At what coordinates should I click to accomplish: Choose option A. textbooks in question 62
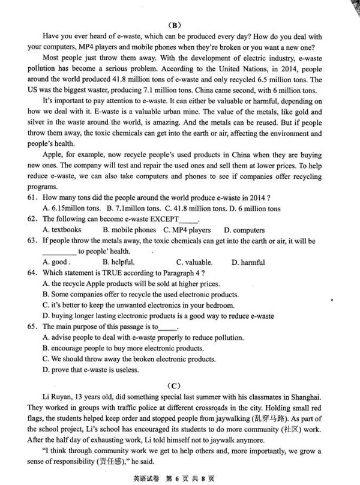[x=62, y=230]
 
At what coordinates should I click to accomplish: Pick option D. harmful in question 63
[x=248, y=262]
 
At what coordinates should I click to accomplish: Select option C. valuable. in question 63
[x=194, y=262]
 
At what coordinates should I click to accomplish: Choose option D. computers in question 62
[x=244, y=230]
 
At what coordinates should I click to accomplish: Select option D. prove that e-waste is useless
[x=91, y=370]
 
